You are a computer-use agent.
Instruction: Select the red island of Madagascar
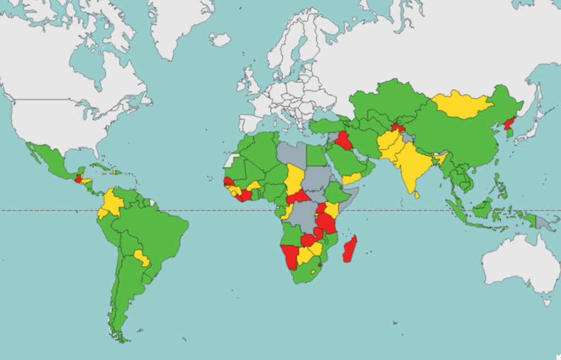pyautogui.click(x=350, y=249)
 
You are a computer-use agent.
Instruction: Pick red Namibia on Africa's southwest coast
pyautogui.click(x=290, y=256)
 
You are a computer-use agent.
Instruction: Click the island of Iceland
pyautogui.click(x=220, y=39)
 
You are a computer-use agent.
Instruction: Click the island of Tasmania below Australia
pyautogui.click(x=546, y=302)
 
